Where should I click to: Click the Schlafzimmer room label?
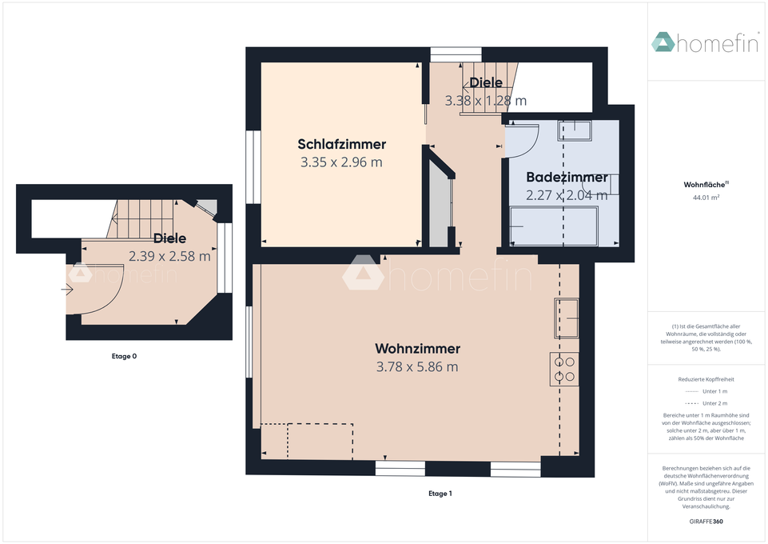pos(342,144)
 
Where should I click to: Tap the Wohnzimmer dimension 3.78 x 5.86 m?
pos(417,366)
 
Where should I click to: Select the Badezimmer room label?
pos(567,177)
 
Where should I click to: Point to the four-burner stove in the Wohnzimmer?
pos(564,369)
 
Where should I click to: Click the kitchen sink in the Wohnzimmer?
pos(567,318)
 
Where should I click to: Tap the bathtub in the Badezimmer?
pos(554,226)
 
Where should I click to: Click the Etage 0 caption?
pos(124,356)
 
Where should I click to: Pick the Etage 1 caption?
pos(440,494)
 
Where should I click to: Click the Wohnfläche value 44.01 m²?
pos(706,198)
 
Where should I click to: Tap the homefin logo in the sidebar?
pos(706,42)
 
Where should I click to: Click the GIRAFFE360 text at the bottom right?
pos(706,522)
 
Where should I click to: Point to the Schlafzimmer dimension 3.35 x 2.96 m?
pos(341,162)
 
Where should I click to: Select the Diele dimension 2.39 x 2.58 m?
pos(169,256)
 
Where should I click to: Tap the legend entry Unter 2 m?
pos(706,403)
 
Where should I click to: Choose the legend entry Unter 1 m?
pos(706,391)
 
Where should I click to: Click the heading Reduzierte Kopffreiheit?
pos(706,379)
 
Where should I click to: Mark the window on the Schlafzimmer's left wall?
pos(253,166)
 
